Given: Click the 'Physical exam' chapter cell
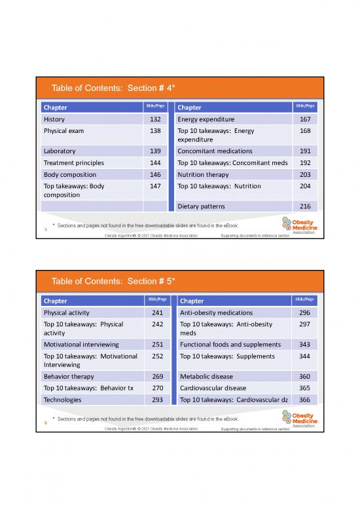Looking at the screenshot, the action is (63, 131).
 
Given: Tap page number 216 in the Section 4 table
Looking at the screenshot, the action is (304, 206).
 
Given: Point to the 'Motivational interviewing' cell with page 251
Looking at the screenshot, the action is (81, 345).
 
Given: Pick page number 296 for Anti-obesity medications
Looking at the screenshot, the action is (304, 312).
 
